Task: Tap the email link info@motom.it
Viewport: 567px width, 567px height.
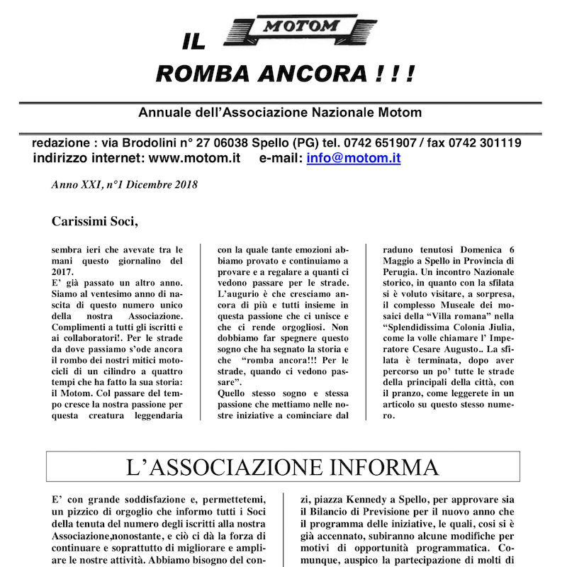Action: pos(354,158)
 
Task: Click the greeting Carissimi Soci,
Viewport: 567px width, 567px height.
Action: pos(95,220)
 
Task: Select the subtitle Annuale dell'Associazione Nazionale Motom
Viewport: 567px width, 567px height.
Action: pos(280,113)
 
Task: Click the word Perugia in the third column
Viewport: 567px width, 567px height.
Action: pos(402,274)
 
